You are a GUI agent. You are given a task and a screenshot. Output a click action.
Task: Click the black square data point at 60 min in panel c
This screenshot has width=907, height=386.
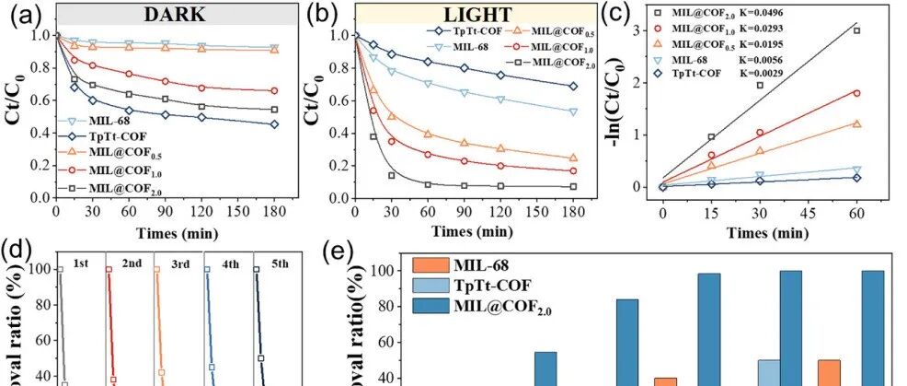(x=856, y=30)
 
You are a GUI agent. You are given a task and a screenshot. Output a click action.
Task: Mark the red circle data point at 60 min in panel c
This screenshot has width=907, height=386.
(x=856, y=93)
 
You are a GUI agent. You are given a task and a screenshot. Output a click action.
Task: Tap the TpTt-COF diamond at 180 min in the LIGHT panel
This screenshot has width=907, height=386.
(x=573, y=86)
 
